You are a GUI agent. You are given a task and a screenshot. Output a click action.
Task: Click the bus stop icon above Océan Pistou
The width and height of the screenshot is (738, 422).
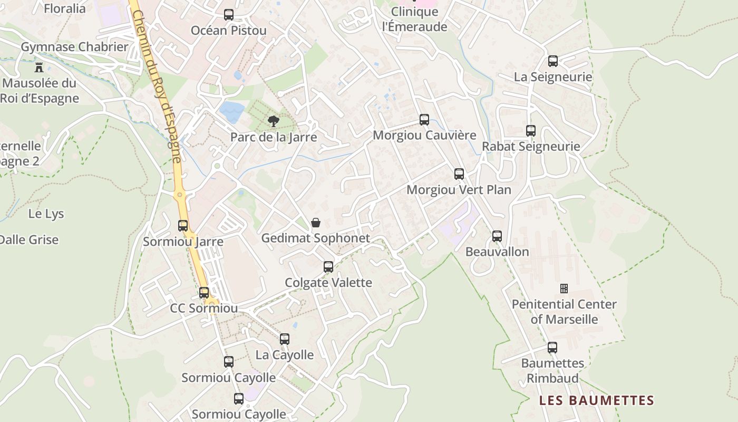[x=229, y=15]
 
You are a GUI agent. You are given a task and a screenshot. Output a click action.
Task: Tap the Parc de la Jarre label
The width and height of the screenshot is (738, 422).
[x=274, y=137]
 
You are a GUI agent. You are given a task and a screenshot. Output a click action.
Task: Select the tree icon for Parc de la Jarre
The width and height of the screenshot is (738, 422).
[x=273, y=122]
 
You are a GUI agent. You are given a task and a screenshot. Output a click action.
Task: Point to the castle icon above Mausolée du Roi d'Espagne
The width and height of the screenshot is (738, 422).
[x=38, y=67]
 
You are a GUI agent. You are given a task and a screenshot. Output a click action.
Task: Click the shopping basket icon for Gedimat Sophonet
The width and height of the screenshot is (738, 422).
[x=316, y=223]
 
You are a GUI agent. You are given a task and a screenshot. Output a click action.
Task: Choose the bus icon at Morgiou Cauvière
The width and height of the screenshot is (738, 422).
[x=424, y=120]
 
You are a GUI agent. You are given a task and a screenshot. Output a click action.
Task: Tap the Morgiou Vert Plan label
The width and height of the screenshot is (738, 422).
[x=459, y=189]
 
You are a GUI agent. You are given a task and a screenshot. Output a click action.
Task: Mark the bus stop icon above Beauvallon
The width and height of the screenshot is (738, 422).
[x=497, y=236]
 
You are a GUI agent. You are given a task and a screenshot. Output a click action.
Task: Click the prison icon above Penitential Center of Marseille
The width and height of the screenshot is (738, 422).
[x=564, y=289]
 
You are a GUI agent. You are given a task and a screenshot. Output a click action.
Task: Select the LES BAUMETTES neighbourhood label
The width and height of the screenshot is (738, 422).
[x=596, y=400]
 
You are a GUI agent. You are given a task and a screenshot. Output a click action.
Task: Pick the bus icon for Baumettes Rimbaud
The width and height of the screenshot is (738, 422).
[x=552, y=348]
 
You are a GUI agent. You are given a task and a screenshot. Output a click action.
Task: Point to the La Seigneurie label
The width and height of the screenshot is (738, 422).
[x=553, y=77]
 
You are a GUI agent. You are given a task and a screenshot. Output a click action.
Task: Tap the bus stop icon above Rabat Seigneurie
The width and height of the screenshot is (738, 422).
[x=531, y=131]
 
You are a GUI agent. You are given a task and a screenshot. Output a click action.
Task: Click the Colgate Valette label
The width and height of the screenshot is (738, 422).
[x=328, y=282]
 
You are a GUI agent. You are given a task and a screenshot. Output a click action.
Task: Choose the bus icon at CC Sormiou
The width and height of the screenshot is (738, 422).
[x=204, y=293]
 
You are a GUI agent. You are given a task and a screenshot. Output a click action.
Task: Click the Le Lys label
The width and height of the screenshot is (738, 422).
[x=46, y=214]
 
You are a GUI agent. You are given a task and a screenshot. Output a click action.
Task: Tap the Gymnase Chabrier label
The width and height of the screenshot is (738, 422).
[x=74, y=47]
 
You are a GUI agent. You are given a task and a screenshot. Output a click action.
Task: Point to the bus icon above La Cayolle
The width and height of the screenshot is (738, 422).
[x=285, y=339]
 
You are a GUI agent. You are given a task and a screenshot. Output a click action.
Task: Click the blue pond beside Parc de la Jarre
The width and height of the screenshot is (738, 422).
[x=232, y=112]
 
